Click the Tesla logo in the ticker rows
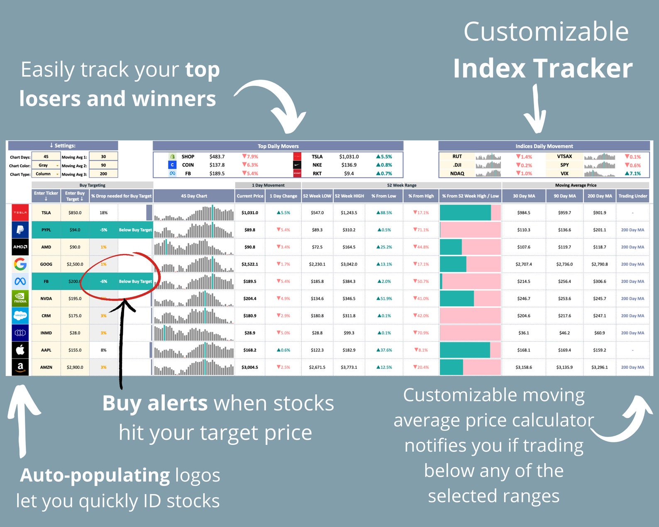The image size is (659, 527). pos(20,212)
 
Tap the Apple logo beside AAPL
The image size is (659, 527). pos(20,350)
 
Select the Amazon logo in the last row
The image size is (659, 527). pos(20,367)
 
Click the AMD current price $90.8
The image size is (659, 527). pos(250,247)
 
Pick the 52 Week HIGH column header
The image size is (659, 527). pos(349,196)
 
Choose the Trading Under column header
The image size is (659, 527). pos(632,196)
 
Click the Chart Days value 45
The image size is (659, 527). pos(46,157)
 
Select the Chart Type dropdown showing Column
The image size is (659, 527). pos(46,174)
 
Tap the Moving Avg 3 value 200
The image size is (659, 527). pos(103,174)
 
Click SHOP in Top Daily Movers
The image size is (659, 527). pos(188,157)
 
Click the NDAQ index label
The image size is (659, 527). pos(457,173)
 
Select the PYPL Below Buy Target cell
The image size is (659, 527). pos(135,230)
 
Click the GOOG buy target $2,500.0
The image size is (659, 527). pos(75,264)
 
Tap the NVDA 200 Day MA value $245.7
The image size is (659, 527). pos(599,299)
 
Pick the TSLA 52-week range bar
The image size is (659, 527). pos(470,212)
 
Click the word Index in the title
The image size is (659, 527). pos(488,68)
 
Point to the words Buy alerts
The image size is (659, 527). pos(155,403)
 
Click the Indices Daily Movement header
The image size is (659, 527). pos(544,146)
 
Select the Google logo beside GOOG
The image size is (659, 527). pos(20,264)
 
